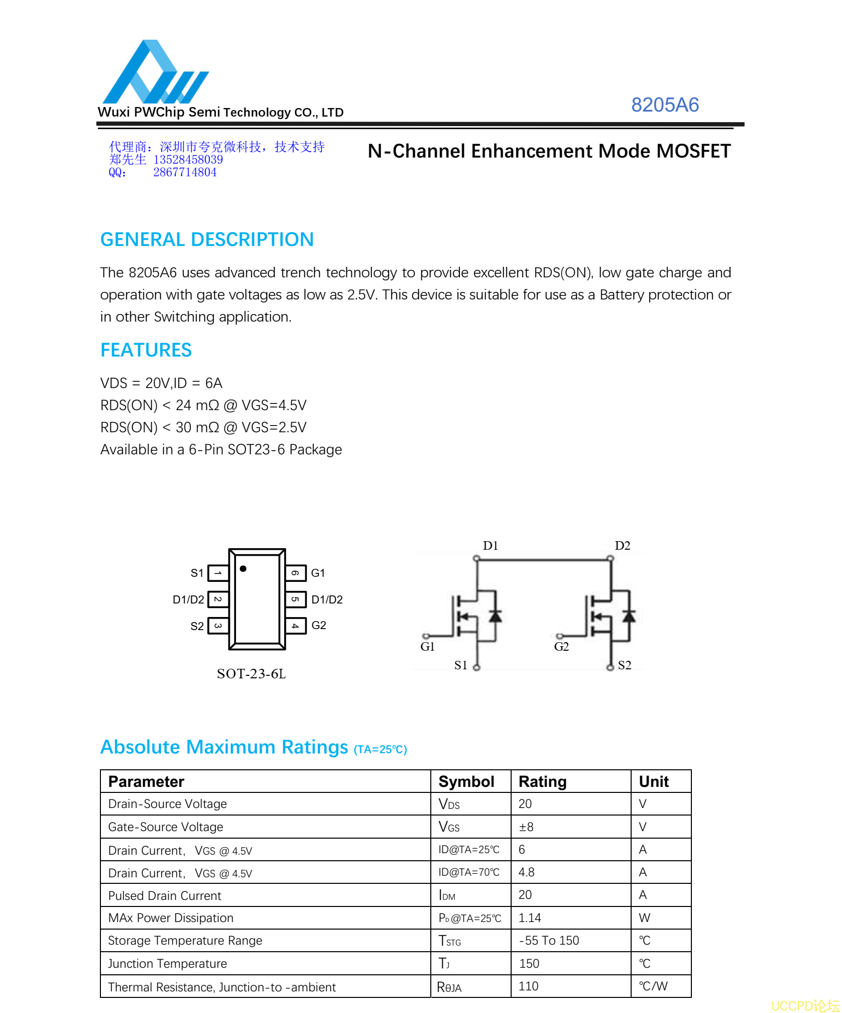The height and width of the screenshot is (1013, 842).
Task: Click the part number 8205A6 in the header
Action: coord(664,105)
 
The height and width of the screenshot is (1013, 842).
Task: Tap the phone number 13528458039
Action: coord(188,160)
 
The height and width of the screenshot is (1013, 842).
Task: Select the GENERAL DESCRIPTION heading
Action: coord(207,240)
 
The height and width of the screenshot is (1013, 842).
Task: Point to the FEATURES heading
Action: coord(146,350)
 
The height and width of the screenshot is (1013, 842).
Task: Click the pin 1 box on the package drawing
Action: coord(218,573)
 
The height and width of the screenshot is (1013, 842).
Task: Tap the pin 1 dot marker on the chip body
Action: coord(243,569)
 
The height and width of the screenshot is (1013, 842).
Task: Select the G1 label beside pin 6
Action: coord(318,573)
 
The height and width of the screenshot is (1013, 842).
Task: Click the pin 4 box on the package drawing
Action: coord(296,626)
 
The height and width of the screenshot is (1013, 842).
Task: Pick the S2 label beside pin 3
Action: coord(197,626)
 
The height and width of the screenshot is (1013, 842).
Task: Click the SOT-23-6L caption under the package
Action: coord(251,674)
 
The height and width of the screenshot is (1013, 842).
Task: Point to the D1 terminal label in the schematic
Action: coord(490,546)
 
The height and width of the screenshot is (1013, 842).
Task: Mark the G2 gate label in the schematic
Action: coord(561,647)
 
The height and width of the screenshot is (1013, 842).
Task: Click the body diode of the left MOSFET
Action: coord(496,616)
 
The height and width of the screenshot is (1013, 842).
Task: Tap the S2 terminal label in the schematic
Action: coord(625,665)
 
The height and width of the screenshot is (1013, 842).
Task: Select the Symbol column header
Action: coord(466,781)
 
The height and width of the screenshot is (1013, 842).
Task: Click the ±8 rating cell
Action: coord(526,827)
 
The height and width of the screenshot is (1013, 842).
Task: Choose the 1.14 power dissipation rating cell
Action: coord(530,918)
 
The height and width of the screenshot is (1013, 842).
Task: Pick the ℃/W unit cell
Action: coord(653,986)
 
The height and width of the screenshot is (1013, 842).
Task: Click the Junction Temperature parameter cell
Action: coord(167,964)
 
